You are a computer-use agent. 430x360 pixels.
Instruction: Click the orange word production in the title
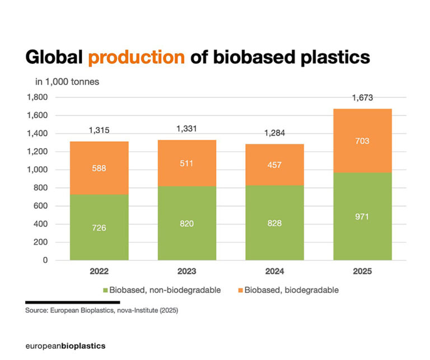(x=137, y=58)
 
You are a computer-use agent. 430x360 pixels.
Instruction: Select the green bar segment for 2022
(x=99, y=227)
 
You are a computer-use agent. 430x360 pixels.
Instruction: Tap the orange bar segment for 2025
(x=362, y=141)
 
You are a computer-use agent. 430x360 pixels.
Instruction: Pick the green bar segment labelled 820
(x=187, y=223)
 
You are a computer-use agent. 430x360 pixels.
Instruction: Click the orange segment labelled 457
(x=274, y=165)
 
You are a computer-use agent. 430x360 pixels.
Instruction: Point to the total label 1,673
(x=362, y=99)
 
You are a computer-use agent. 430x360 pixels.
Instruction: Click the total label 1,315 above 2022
(x=99, y=130)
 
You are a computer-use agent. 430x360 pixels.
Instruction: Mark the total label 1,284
(x=274, y=134)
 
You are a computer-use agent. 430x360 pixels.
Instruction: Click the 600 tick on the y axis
(x=42, y=206)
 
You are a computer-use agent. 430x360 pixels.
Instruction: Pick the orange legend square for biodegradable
(x=240, y=290)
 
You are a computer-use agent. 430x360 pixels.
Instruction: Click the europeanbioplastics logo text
(x=66, y=346)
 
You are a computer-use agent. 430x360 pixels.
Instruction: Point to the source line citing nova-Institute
(x=101, y=310)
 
